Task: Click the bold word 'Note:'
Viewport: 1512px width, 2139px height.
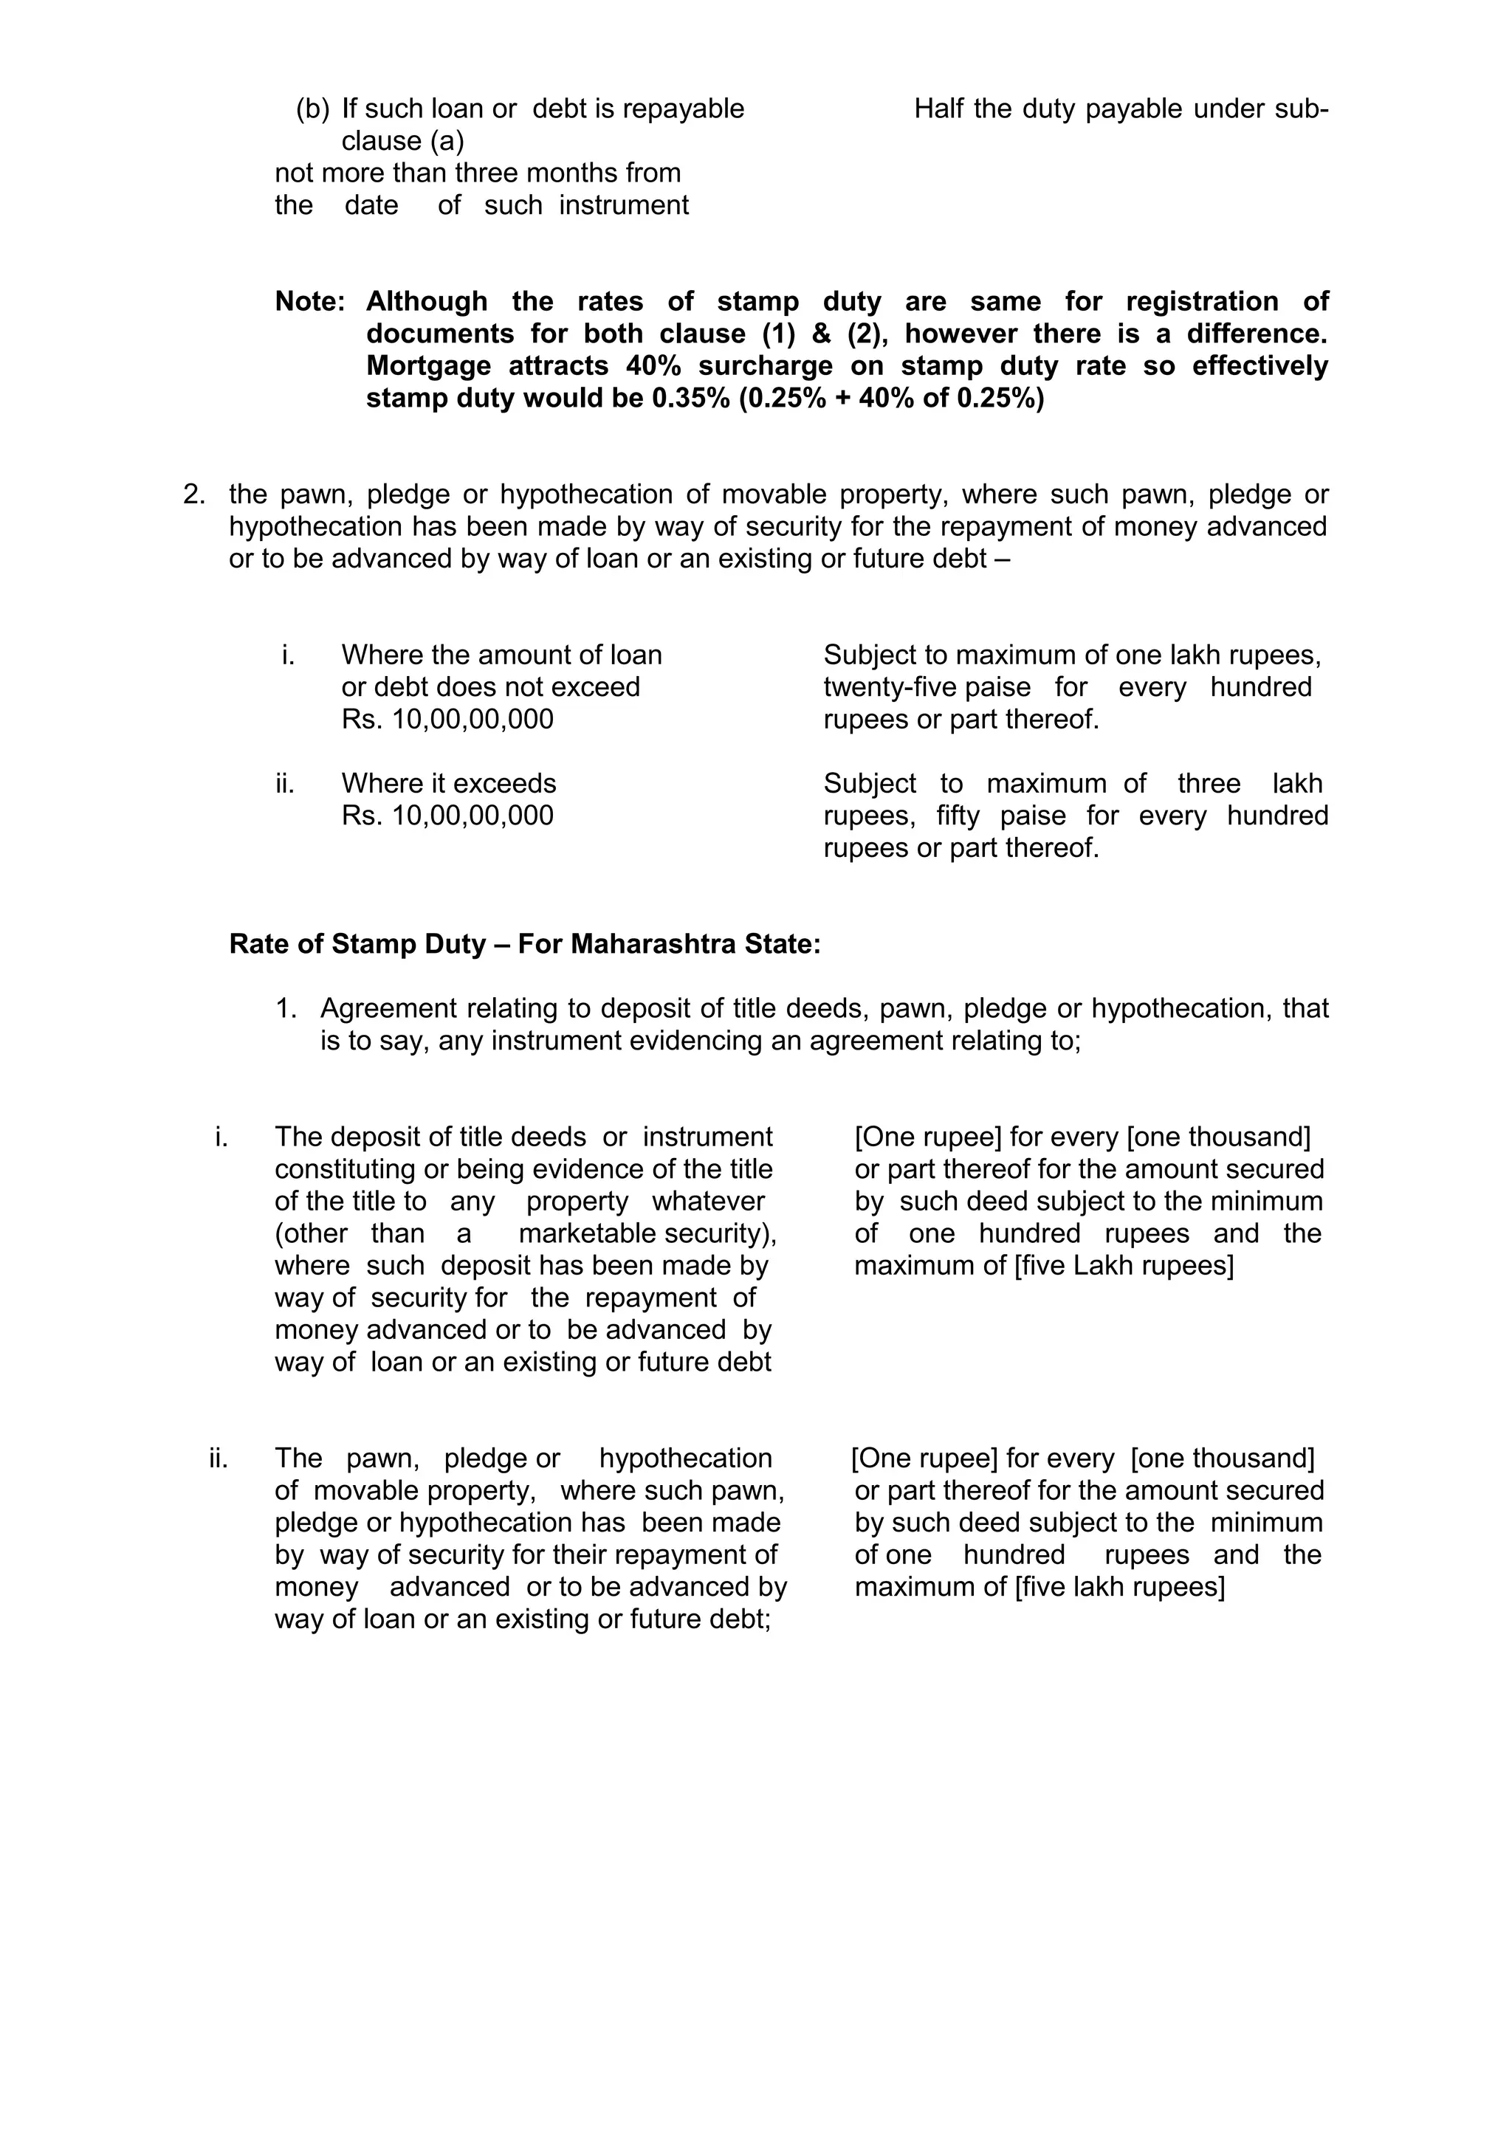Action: click(x=309, y=302)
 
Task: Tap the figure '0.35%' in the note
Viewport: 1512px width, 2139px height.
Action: click(x=690, y=399)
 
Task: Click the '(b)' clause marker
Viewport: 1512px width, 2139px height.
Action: click(x=312, y=109)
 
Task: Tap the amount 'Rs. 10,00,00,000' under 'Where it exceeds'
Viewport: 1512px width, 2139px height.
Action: click(x=447, y=816)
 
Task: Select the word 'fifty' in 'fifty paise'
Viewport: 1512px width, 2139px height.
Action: click(x=958, y=816)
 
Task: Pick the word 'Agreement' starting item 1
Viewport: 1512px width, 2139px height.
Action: click(x=388, y=1009)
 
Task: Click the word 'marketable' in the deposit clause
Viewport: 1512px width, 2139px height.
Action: click(x=576, y=1234)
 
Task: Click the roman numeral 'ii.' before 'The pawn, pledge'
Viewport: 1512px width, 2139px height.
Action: click(x=219, y=1459)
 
